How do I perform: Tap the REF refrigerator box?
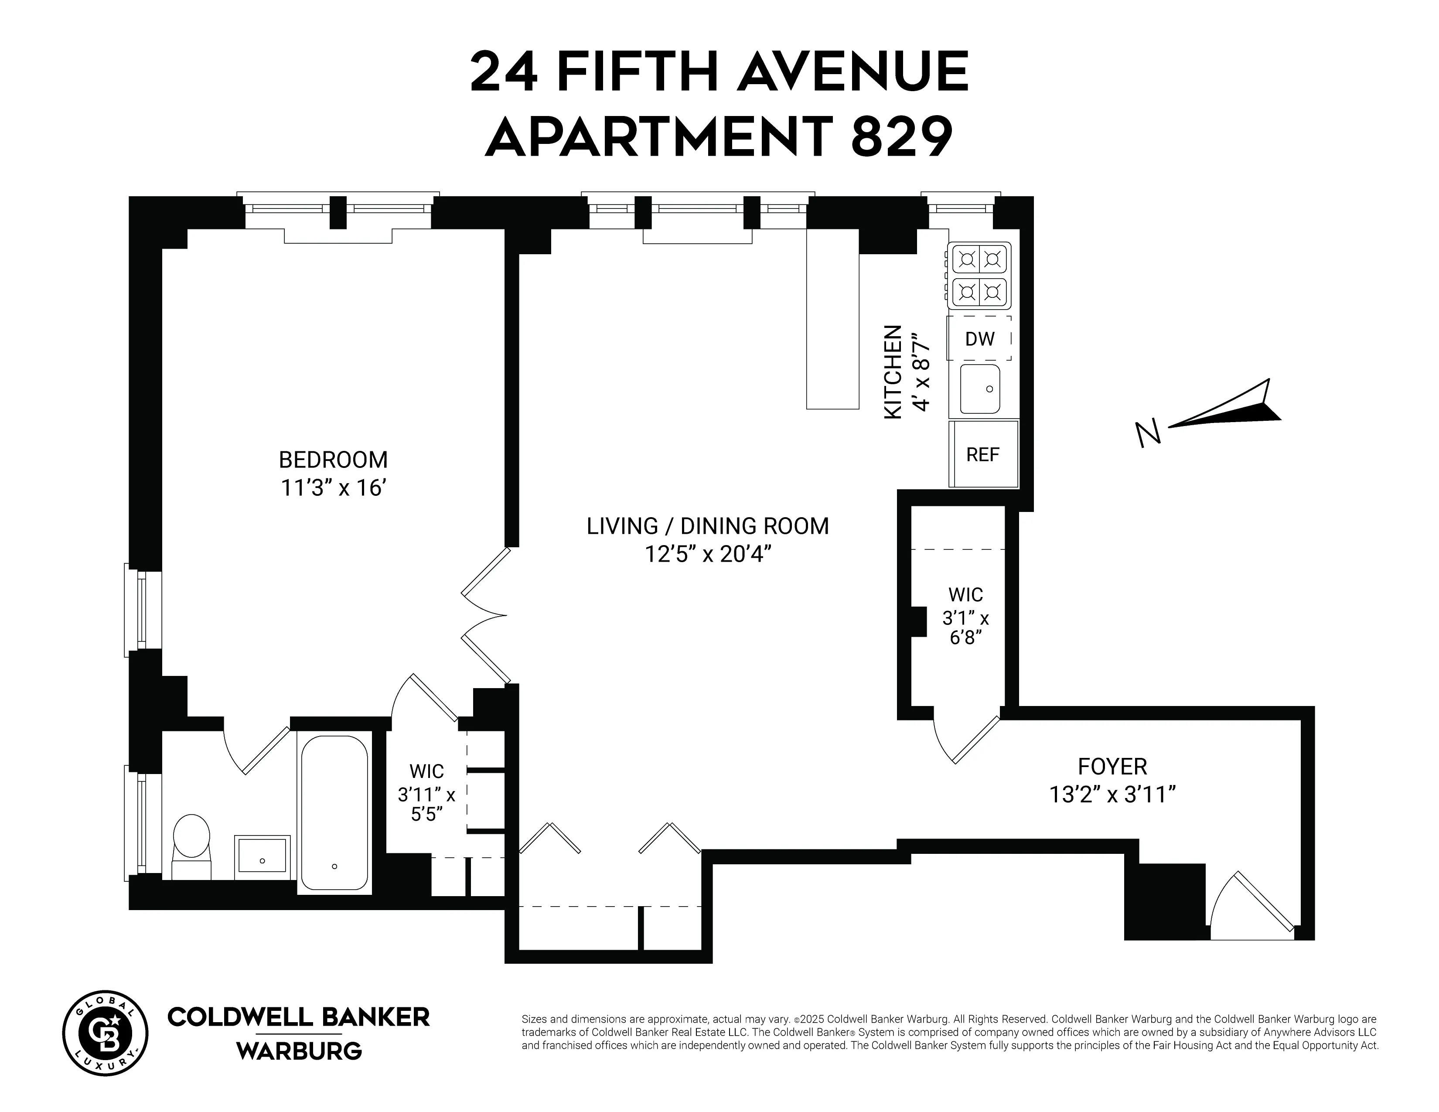(x=982, y=454)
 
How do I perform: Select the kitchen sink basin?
(x=980, y=389)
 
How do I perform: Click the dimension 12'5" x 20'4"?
(x=708, y=555)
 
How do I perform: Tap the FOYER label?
(x=1112, y=767)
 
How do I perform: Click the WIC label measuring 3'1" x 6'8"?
(x=965, y=616)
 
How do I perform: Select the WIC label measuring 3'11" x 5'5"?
(x=426, y=793)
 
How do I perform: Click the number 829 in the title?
(x=901, y=137)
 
